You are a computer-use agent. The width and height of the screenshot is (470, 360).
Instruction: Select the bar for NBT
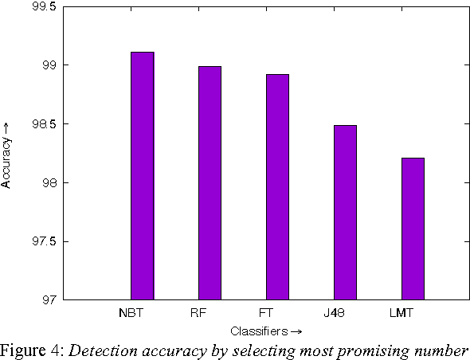pos(143,176)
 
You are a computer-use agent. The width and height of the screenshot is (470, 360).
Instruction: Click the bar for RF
pos(210,183)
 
